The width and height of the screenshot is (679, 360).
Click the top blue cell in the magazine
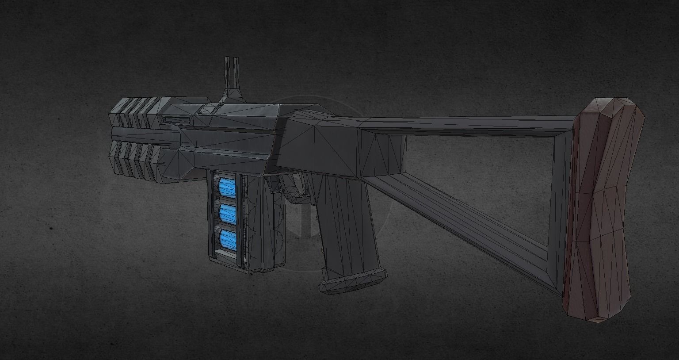[x=228, y=187]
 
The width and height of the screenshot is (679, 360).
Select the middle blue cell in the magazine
[x=228, y=213]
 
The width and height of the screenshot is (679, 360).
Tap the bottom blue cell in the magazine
[x=228, y=239]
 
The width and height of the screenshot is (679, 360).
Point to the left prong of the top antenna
[x=227, y=71]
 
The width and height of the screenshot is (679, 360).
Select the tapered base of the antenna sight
[x=231, y=94]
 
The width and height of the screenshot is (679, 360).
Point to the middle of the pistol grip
[x=345, y=221]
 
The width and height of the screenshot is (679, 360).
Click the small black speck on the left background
[x=51, y=229]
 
